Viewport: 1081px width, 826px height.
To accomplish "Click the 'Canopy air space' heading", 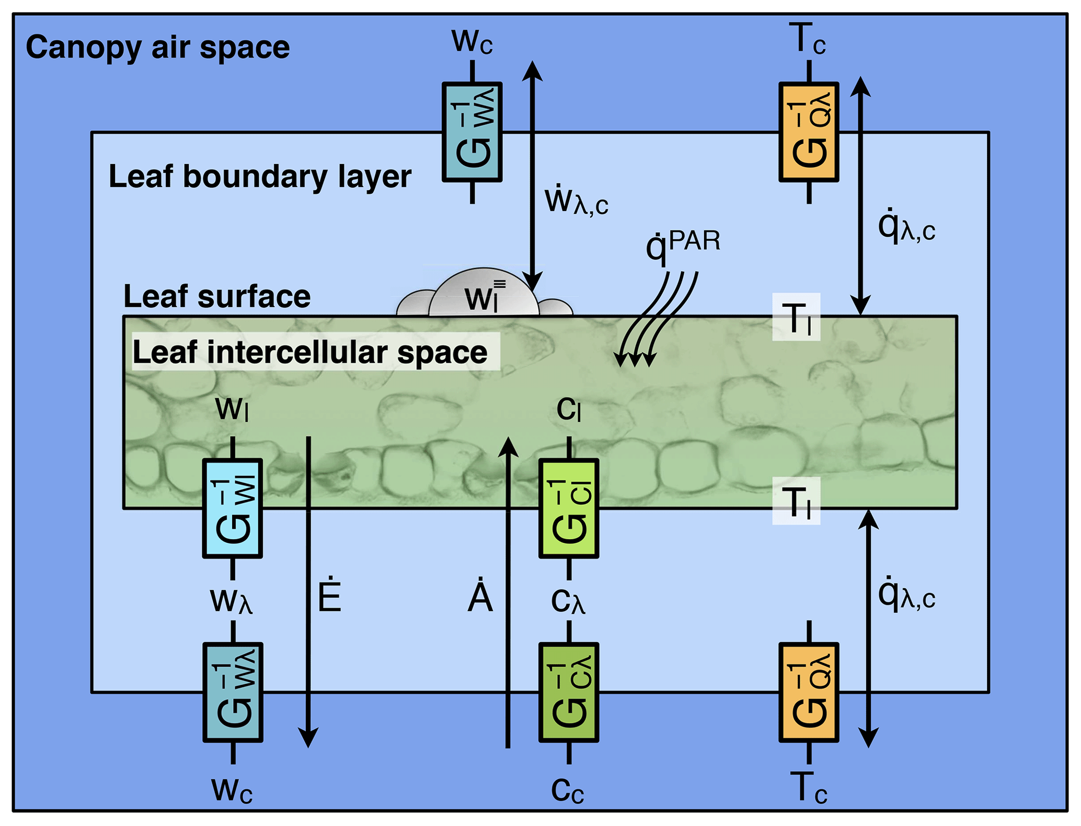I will (157, 48).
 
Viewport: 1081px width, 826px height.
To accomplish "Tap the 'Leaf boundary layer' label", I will (260, 177).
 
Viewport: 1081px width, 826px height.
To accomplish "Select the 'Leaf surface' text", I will (217, 297).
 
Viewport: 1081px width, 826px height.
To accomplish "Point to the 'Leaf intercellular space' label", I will (310, 352).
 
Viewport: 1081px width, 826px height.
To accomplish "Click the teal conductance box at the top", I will (472, 132).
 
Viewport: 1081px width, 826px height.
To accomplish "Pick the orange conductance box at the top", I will (809, 132).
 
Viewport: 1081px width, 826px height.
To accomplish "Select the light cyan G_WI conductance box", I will (233, 508).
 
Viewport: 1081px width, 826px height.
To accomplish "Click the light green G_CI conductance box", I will (569, 508).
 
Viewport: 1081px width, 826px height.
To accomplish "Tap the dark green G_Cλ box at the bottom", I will (569, 692).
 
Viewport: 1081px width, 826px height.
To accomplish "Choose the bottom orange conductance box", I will (809, 692).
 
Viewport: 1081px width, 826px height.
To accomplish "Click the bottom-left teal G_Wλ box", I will (233, 692).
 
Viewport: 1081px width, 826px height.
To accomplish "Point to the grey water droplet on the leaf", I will (484, 295).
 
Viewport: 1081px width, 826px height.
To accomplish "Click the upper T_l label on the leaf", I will (796, 318).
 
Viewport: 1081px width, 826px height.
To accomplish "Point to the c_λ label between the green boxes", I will (568, 601).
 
